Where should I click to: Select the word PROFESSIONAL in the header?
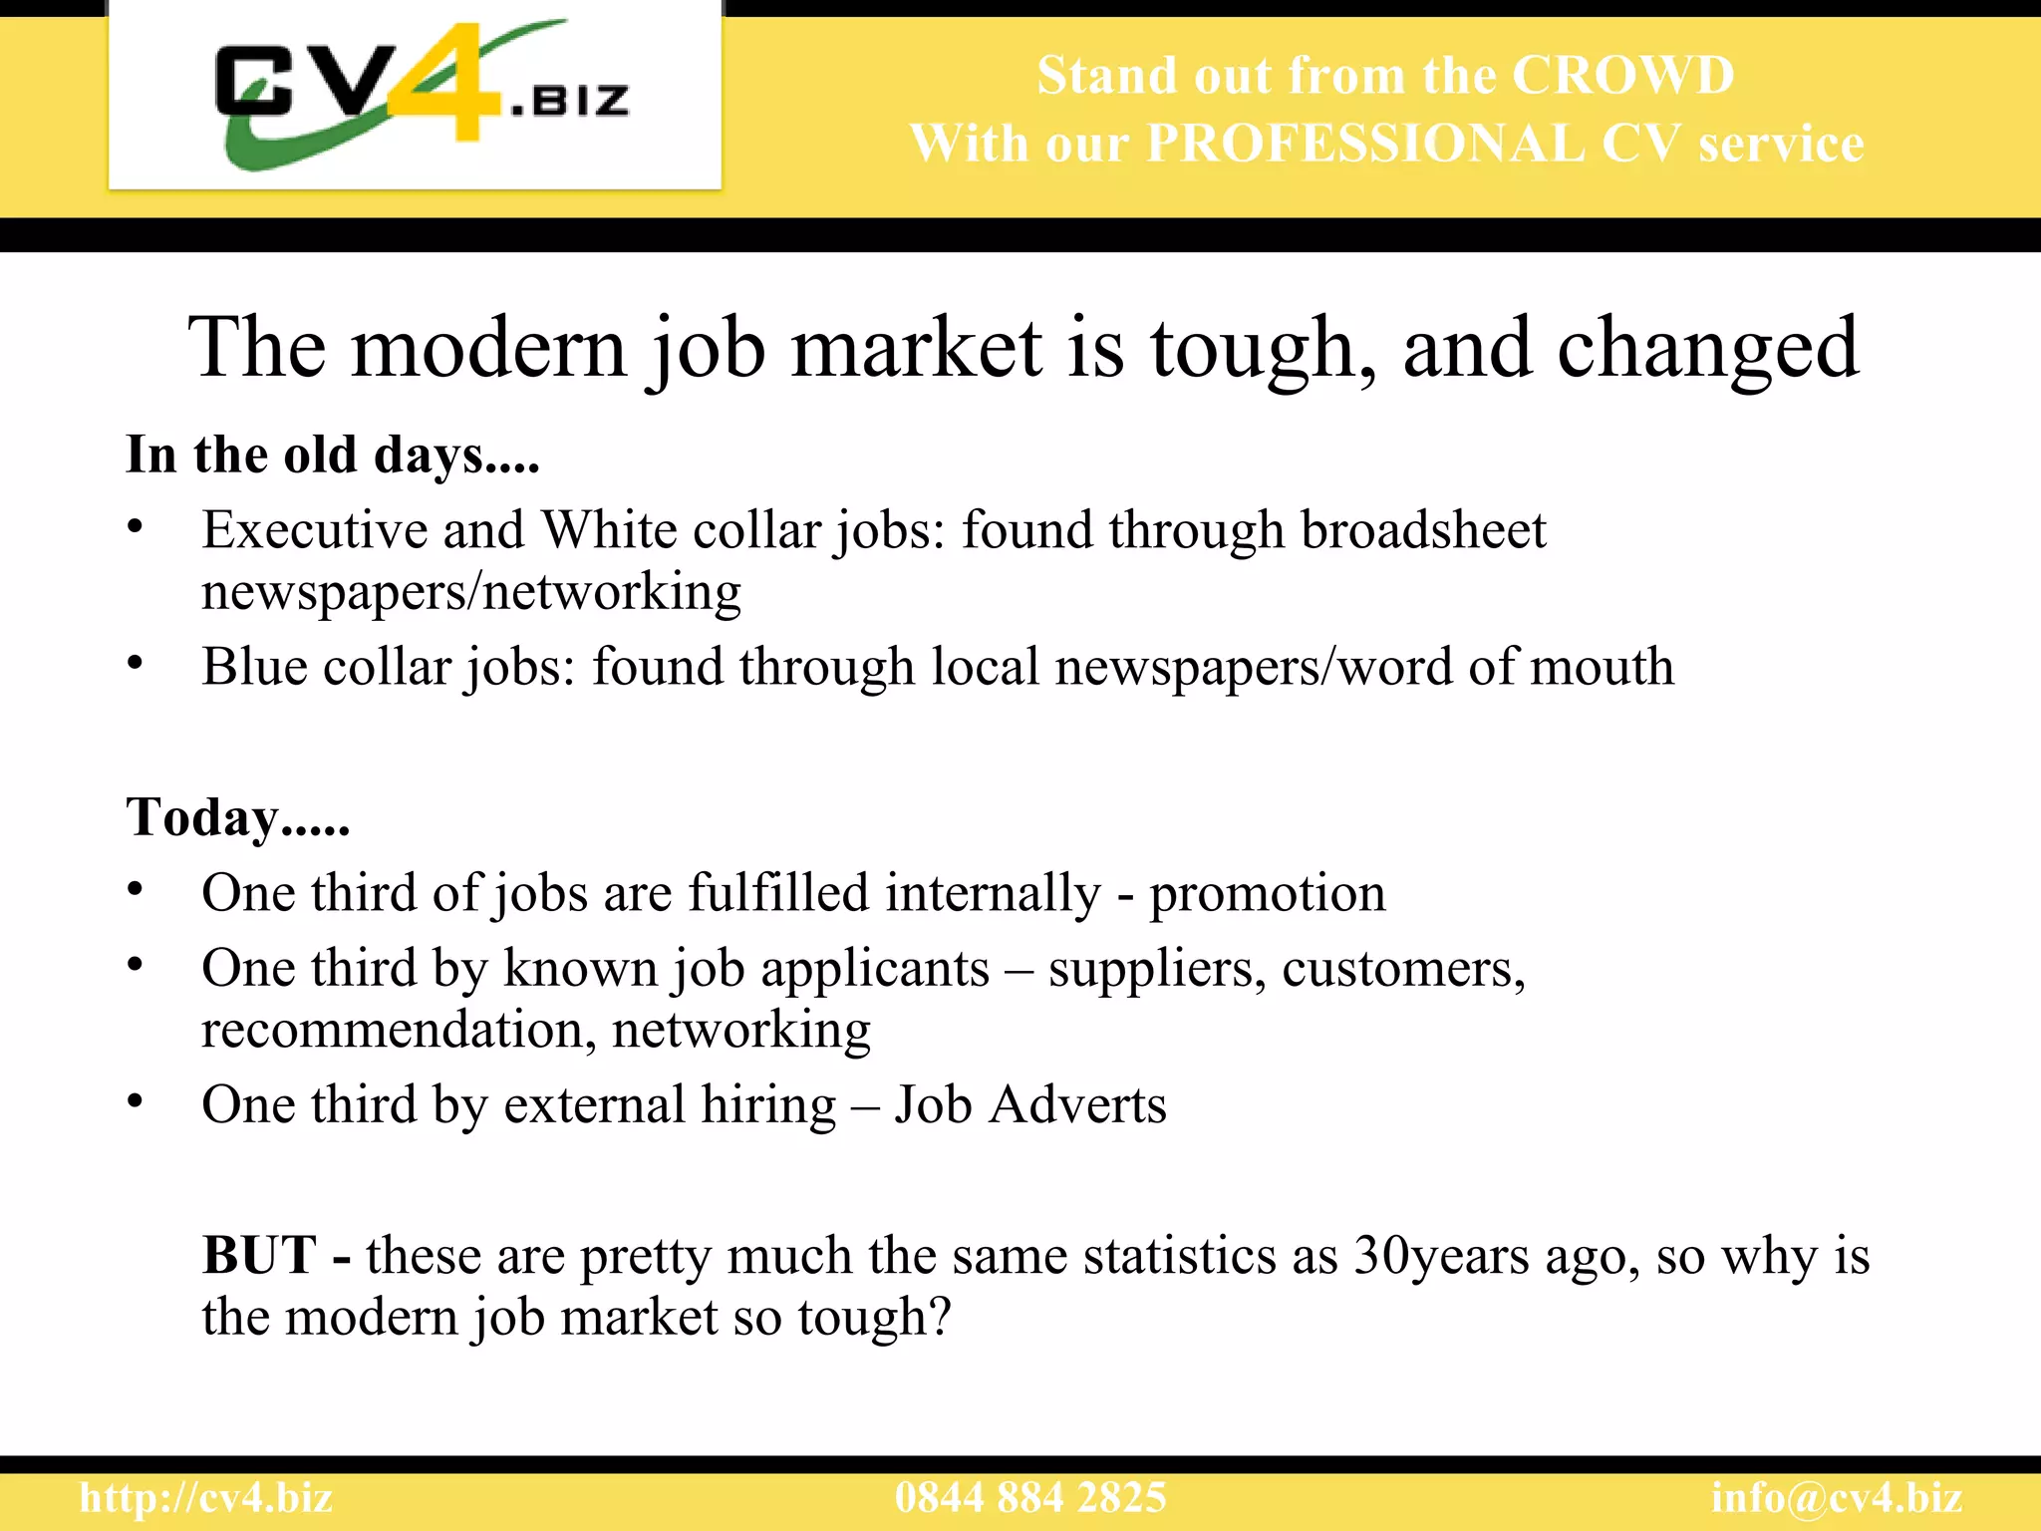1364,144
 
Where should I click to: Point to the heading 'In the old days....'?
333,455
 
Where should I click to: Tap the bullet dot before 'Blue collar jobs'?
136,663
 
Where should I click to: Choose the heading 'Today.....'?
237,817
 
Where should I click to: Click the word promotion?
1267,893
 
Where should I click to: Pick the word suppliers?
1156,969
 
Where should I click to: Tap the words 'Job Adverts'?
1029,1104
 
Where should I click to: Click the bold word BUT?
259,1255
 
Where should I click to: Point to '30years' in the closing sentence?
1441,1256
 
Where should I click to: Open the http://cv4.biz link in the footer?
205,1498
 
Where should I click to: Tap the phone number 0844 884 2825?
1030,1498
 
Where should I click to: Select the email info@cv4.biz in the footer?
1837,1498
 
